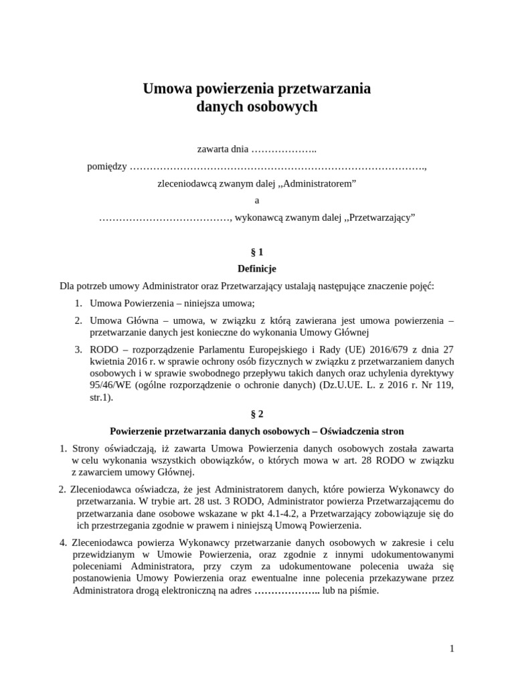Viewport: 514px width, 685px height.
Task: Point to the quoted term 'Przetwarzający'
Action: [x=379, y=217]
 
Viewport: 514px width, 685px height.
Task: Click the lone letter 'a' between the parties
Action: [x=256, y=200]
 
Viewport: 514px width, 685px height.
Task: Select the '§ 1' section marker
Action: [x=256, y=252]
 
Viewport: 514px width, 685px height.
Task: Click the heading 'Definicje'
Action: [x=256, y=269]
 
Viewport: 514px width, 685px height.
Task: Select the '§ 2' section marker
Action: [x=256, y=414]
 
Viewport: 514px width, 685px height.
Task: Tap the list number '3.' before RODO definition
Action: [x=78, y=349]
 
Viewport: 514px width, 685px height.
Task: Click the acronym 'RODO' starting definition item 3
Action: [x=102, y=349]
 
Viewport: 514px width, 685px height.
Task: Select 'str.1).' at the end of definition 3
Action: [x=102, y=397]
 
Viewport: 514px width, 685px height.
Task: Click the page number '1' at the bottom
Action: [x=452, y=648]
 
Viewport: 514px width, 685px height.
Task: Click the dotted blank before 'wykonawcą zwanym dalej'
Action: [x=163, y=217]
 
